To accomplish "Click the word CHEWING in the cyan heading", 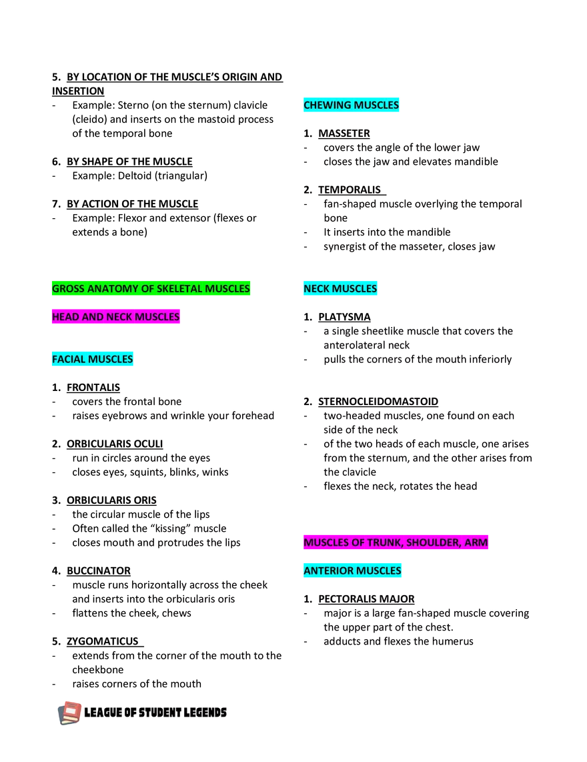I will (327, 105).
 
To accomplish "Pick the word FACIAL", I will (67, 359).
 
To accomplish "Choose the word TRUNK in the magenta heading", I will (384, 542).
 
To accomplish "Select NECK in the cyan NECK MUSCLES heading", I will (317, 289).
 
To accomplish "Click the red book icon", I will (70, 713).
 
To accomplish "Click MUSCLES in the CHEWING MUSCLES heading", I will (376, 105).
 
